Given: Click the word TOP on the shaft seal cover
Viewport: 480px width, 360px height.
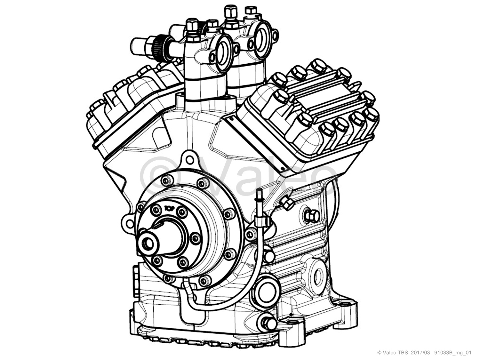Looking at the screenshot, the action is (169, 209).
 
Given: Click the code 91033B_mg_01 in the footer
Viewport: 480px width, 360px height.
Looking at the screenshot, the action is (453, 353).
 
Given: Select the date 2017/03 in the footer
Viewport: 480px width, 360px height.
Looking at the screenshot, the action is (420, 353).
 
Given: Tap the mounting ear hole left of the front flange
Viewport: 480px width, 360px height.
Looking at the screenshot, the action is (130, 224).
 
